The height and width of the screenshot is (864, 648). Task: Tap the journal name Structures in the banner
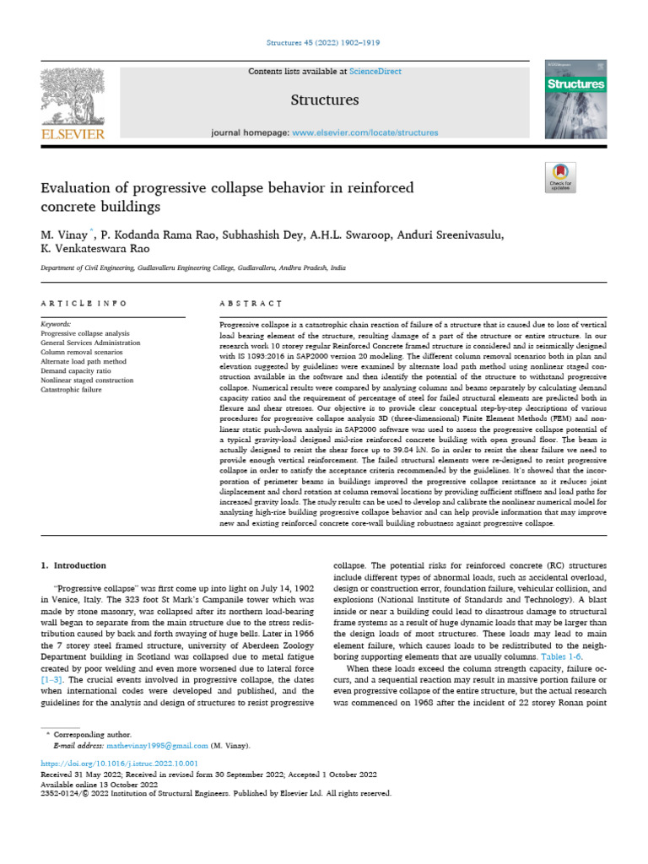[324, 100]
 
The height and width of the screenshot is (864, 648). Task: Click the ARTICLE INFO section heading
[84, 303]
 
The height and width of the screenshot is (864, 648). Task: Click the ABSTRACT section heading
[251, 303]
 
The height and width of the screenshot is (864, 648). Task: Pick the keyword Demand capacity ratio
[81, 369]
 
